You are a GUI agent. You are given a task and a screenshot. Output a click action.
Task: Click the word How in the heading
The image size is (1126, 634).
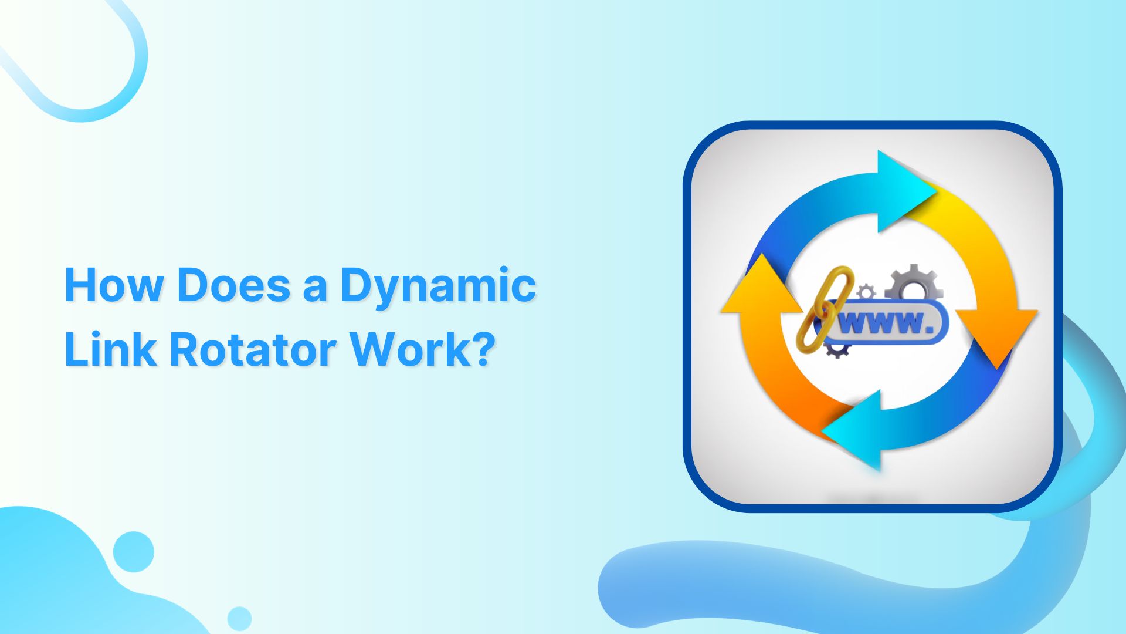[x=114, y=285]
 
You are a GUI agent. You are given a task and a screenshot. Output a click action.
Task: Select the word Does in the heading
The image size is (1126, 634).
[x=233, y=285]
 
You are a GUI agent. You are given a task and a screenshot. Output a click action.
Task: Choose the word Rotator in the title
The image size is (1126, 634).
[x=252, y=350]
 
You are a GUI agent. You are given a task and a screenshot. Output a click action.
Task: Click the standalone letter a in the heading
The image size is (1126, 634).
[x=315, y=288]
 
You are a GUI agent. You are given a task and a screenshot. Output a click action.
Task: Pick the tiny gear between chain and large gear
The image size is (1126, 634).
[x=866, y=291]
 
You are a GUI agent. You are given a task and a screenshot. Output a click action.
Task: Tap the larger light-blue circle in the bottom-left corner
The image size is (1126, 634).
[x=134, y=551]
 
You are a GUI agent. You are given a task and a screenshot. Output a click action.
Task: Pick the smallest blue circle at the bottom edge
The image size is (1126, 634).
[x=239, y=618]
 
